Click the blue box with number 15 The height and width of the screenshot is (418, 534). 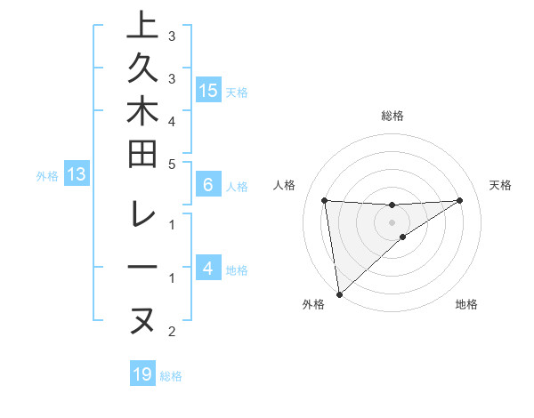tap(208, 91)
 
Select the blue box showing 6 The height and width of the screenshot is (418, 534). tap(208, 186)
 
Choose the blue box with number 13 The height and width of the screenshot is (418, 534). tap(77, 175)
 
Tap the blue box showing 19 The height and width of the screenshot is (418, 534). tap(142, 374)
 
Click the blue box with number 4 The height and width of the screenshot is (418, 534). tap(208, 269)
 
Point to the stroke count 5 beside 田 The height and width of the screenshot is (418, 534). tap(172, 164)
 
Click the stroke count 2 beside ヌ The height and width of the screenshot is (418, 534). tap(172, 333)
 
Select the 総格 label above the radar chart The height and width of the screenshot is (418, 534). tap(392, 116)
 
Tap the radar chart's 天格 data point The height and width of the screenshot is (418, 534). tap(460, 200)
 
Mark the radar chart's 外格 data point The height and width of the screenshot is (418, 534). tap(339, 293)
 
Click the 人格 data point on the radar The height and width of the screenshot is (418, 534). tap(325, 200)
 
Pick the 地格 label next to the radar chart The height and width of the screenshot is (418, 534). tap(466, 305)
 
